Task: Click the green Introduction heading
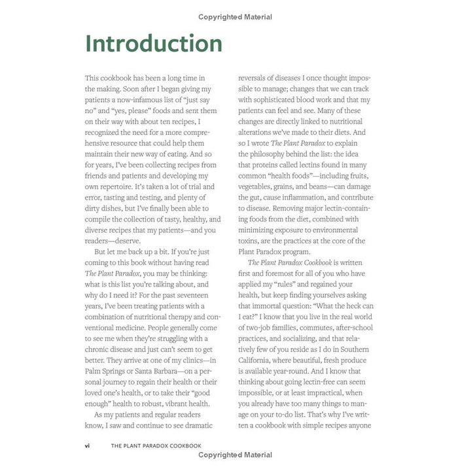(x=154, y=43)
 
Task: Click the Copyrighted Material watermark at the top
(x=235, y=17)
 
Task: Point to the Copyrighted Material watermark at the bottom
(x=235, y=455)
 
